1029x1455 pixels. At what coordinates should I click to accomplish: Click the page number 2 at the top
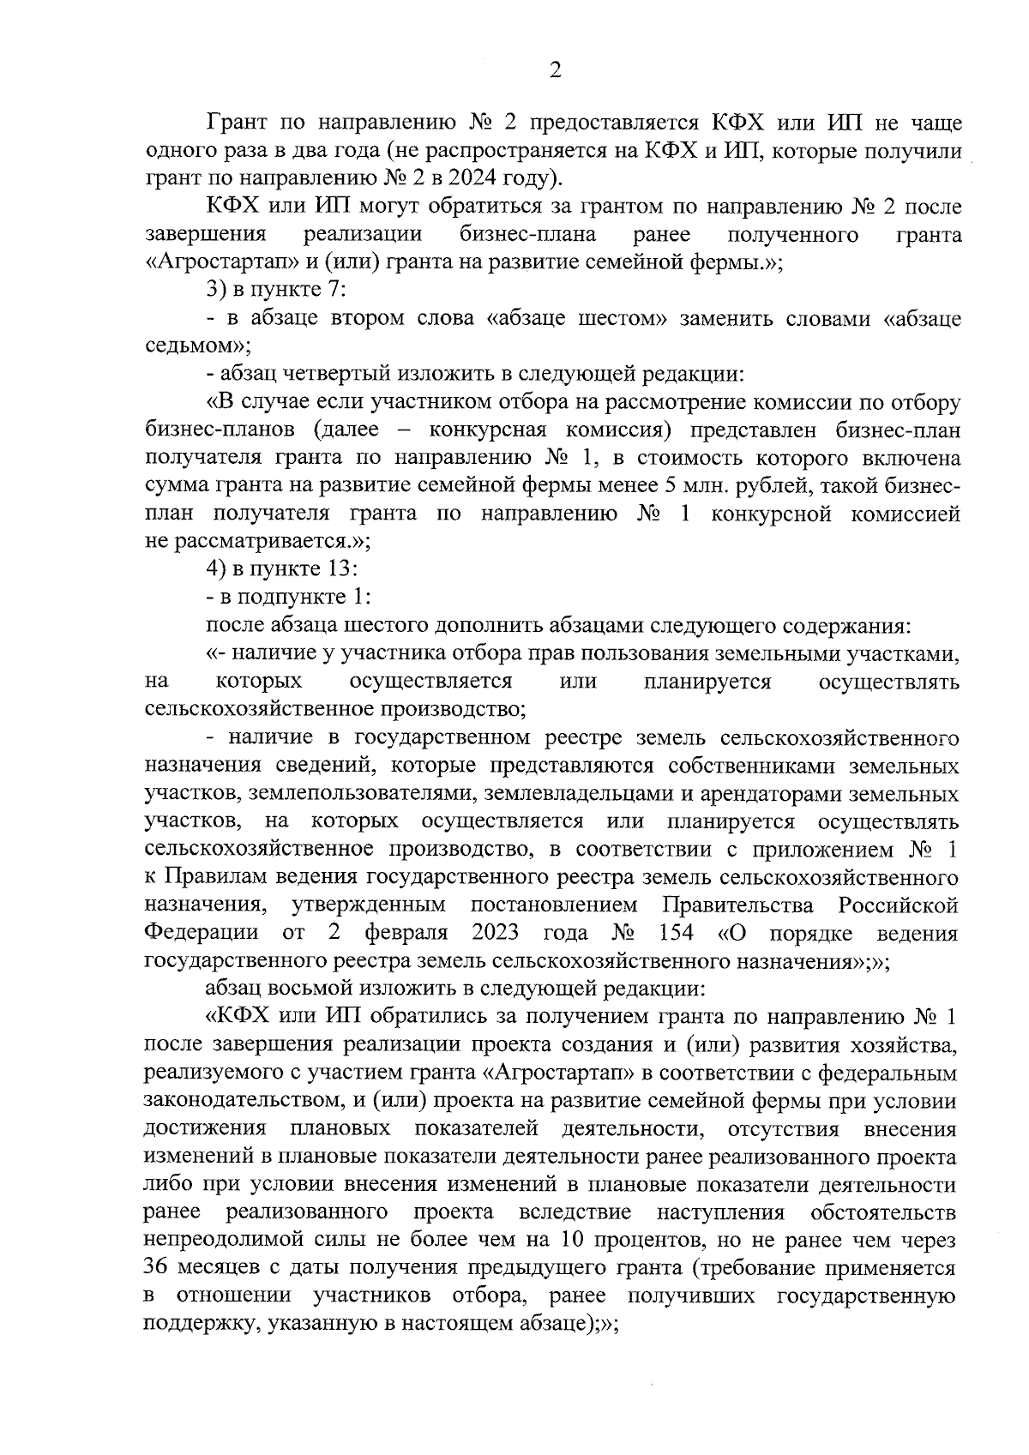[x=555, y=70]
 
